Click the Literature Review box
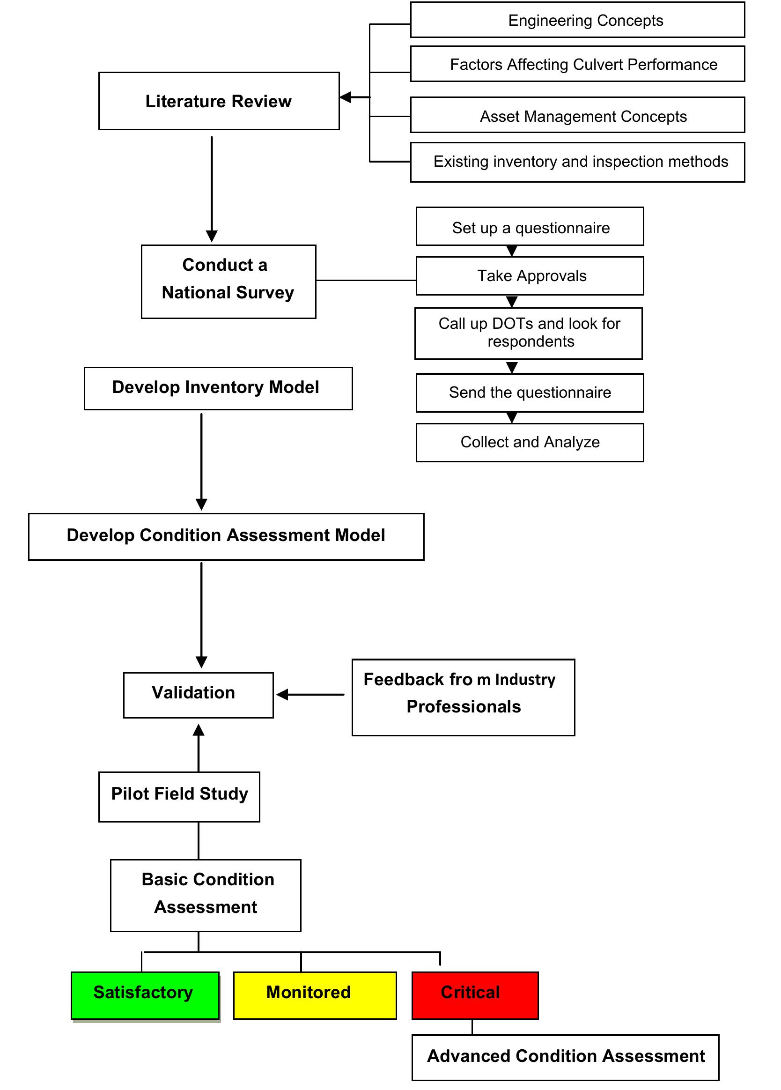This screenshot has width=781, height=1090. click(x=219, y=101)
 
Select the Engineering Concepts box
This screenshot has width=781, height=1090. click(x=577, y=20)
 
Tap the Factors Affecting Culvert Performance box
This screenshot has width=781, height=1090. click(x=577, y=64)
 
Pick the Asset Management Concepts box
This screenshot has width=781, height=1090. click(x=577, y=115)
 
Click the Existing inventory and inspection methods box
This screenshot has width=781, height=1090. click(x=577, y=162)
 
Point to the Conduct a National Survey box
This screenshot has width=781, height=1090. click(x=228, y=281)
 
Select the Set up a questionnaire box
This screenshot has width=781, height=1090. click(x=529, y=227)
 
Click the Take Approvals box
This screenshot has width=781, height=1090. click(x=529, y=276)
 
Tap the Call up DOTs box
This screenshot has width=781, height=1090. click(x=528, y=333)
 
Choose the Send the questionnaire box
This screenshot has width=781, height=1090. click(x=529, y=393)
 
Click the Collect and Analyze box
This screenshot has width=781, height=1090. click(x=529, y=442)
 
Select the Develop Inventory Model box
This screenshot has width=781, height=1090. click(x=218, y=388)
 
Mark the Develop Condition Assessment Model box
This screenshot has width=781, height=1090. click(x=226, y=536)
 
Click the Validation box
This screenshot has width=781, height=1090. click(x=198, y=695)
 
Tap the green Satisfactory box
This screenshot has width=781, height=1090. click(x=145, y=995)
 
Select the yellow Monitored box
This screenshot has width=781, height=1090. click(x=315, y=995)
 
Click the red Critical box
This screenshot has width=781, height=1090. click(x=475, y=995)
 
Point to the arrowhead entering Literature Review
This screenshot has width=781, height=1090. click(x=345, y=97)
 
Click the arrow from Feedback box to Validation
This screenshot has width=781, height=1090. click(x=310, y=695)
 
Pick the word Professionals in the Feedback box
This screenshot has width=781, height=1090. click(x=464, y=706)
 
